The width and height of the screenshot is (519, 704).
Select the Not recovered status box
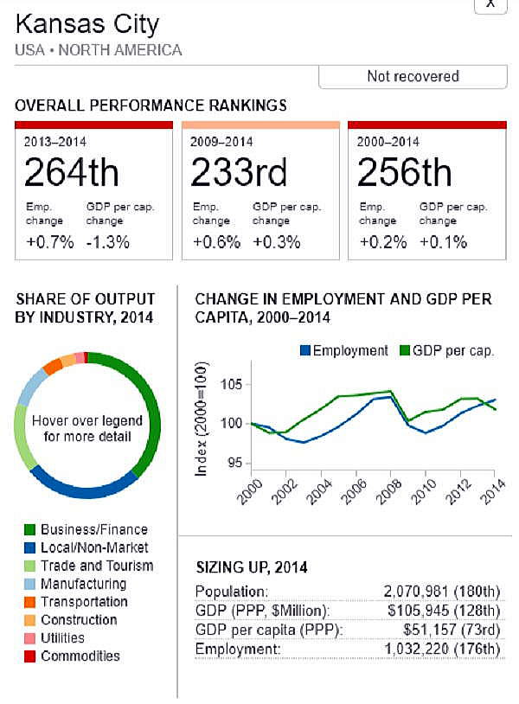point(413,76)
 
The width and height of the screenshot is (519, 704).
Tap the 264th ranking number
point(71,173)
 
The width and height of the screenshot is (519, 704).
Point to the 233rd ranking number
point(239,173)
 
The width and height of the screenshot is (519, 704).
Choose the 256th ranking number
point(405,173)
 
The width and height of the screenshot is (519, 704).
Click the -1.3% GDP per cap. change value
point(109,241)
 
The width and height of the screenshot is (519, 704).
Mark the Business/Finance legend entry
point(93,529)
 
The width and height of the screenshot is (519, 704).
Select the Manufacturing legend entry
point(82,584)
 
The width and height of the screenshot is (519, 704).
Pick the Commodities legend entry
point(80,656)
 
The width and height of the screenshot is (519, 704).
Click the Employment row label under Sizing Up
point(229,650)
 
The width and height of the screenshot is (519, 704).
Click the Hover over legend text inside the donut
point(87,428)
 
